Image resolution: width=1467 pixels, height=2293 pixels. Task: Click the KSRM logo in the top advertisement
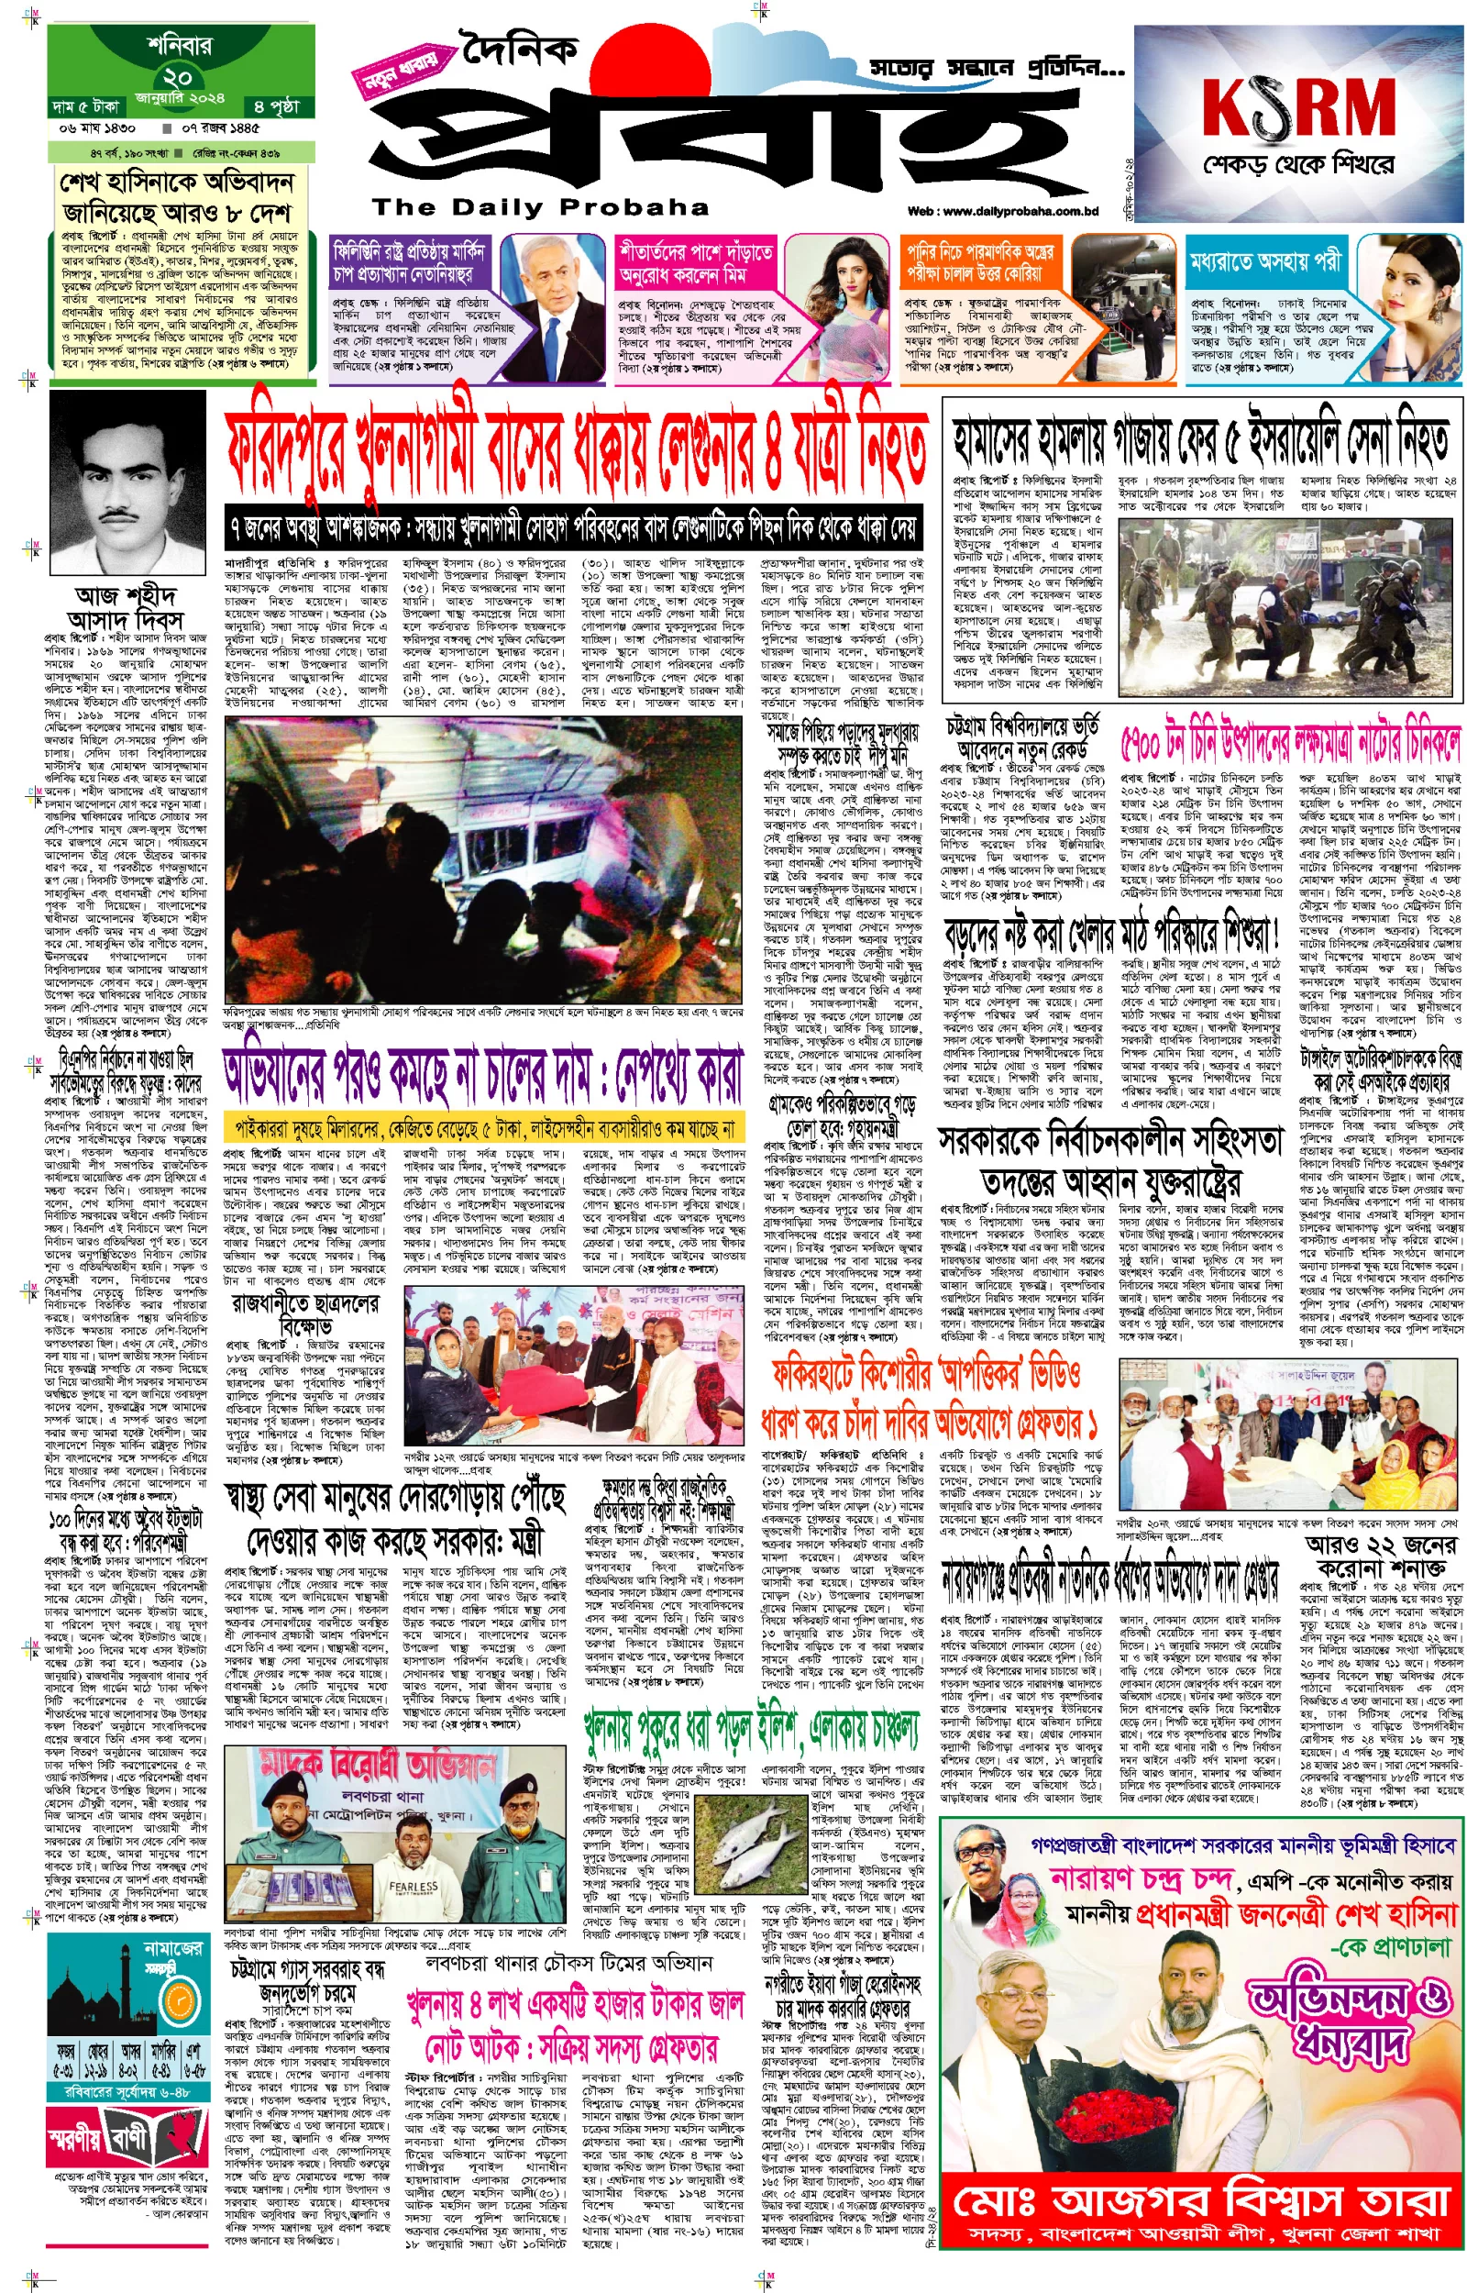pyautogui.click(x=1298, y=107)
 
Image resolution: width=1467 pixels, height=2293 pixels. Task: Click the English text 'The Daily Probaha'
pyautogui.click(x=540, y=206)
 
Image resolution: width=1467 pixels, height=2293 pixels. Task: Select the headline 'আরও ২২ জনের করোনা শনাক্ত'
pyautogui.click(x=1381, y=1556)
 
